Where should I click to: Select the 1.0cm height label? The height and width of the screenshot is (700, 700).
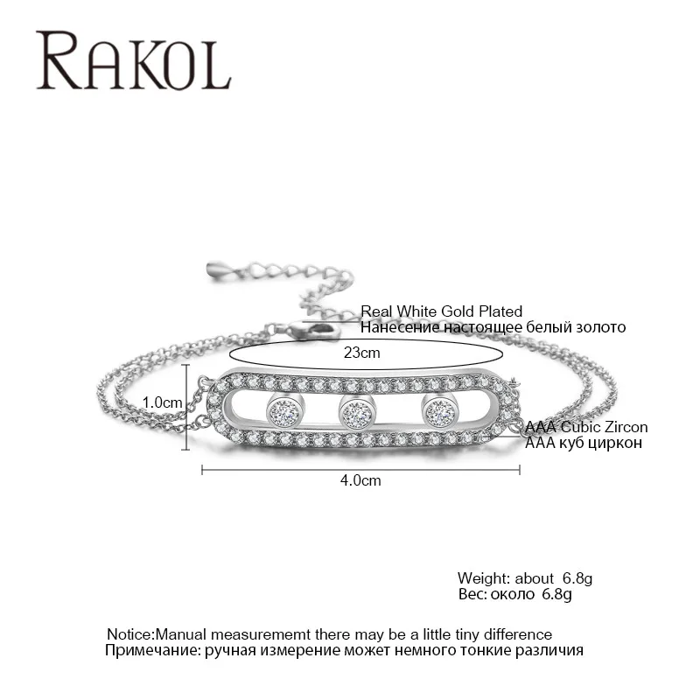[x=162, y=402]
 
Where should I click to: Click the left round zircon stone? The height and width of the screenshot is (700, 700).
[x=284, y=408]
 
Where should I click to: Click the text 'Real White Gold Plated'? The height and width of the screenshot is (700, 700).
[x=441, y=311]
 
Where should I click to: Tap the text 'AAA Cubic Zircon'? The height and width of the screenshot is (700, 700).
[x=586, y=427]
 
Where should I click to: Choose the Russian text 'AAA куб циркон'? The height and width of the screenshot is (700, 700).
[x=583, y=443]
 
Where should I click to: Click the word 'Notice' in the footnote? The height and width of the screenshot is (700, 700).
[x=129, y=633]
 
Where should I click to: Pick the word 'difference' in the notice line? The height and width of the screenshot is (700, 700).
[x=518, y=633]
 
